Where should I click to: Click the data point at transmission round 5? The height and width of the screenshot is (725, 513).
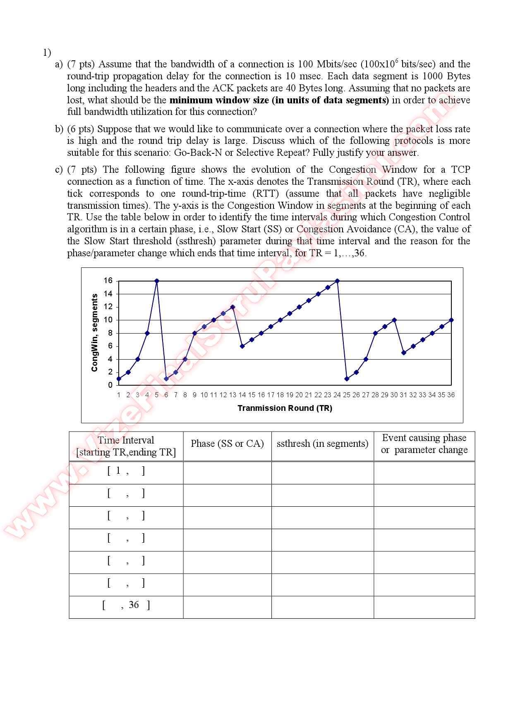click(157, 281)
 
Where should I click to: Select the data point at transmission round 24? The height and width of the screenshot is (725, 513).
click(337, 281)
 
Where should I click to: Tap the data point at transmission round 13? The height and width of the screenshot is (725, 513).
click(233, 307)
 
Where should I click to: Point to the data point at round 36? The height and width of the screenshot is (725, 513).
click(451, 320)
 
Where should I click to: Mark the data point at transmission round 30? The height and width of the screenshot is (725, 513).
click(394, 320)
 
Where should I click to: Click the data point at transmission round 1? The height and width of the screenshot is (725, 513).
click(119, 379)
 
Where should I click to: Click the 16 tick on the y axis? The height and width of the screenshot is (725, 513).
click(108, 281)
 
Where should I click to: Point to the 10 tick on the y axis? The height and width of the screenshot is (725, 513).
click(108, 320)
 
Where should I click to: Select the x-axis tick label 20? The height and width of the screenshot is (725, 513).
click(299, 395)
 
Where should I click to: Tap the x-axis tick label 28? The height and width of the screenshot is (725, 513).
click(375, 395)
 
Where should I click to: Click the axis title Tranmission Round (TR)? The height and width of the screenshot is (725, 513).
click(285, 408)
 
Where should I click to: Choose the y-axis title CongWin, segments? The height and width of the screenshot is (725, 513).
click(95, 333)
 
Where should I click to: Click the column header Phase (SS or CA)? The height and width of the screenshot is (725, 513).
click(227, 444)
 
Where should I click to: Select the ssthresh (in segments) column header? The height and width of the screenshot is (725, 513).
click(322, 444)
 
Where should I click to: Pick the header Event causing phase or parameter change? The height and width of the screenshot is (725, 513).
click(424, 444)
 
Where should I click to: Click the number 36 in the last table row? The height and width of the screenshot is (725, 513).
click(134, 605)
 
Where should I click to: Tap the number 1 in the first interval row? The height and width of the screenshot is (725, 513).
click(118, 471)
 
